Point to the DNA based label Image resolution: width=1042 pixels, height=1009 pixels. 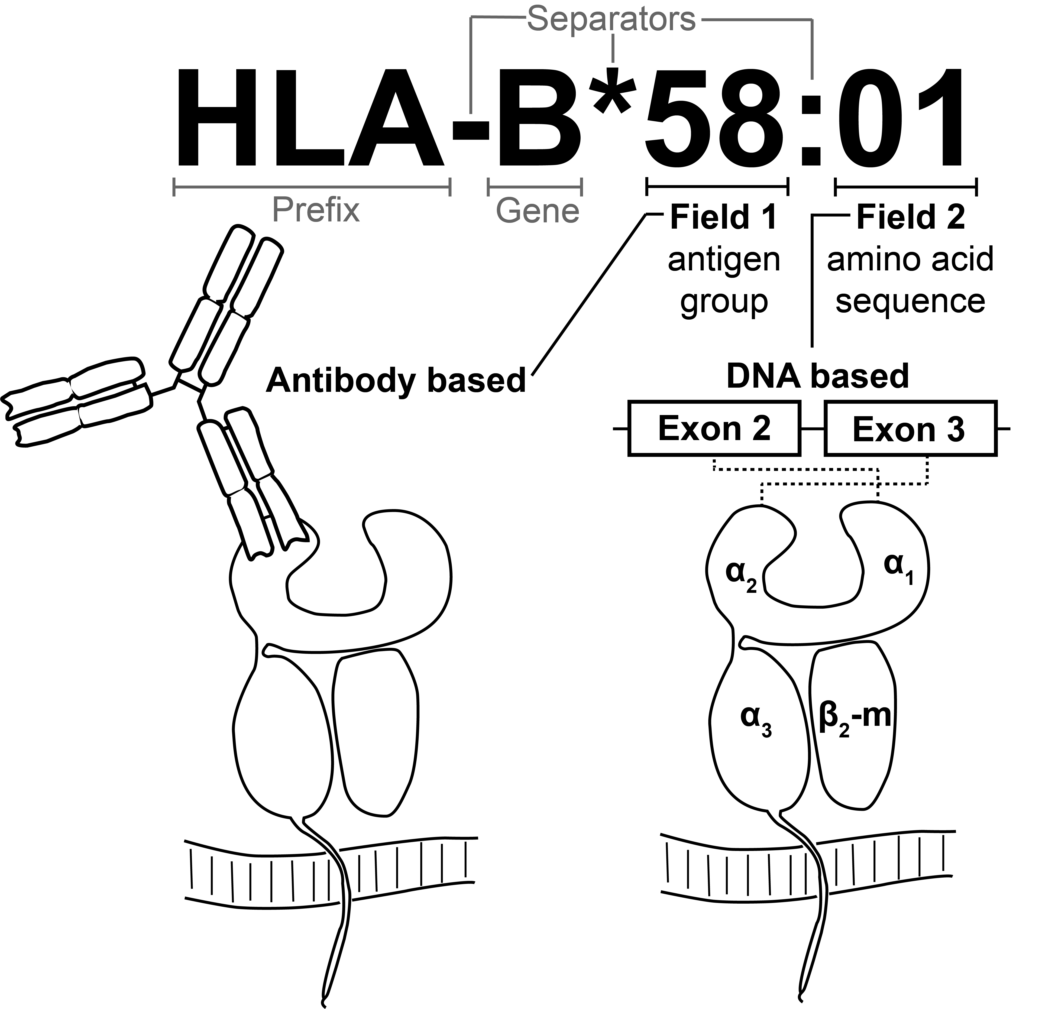coord(818,376)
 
